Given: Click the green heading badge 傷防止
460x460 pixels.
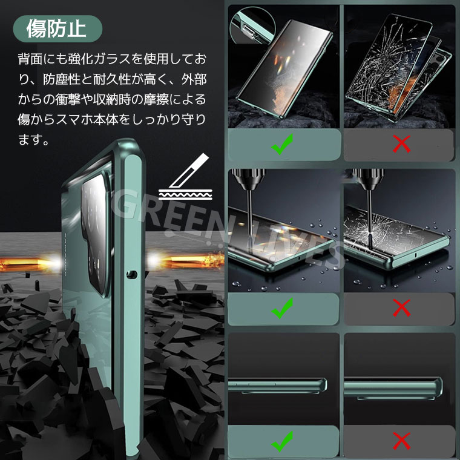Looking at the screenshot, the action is [57, 29].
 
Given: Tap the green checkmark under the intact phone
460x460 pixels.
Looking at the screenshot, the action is [282, 144].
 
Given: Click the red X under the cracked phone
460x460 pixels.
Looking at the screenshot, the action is [402, 144].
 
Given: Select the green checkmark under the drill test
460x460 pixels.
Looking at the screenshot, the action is [282, 308].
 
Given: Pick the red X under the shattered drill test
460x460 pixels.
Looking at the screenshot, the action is [402, 308].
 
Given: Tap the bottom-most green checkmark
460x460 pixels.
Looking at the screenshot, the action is [282, 441].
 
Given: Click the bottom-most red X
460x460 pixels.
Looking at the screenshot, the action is [402, 441].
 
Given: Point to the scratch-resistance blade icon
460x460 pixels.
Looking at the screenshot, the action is [185, 177].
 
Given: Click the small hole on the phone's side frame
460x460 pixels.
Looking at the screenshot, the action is [132, 274].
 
